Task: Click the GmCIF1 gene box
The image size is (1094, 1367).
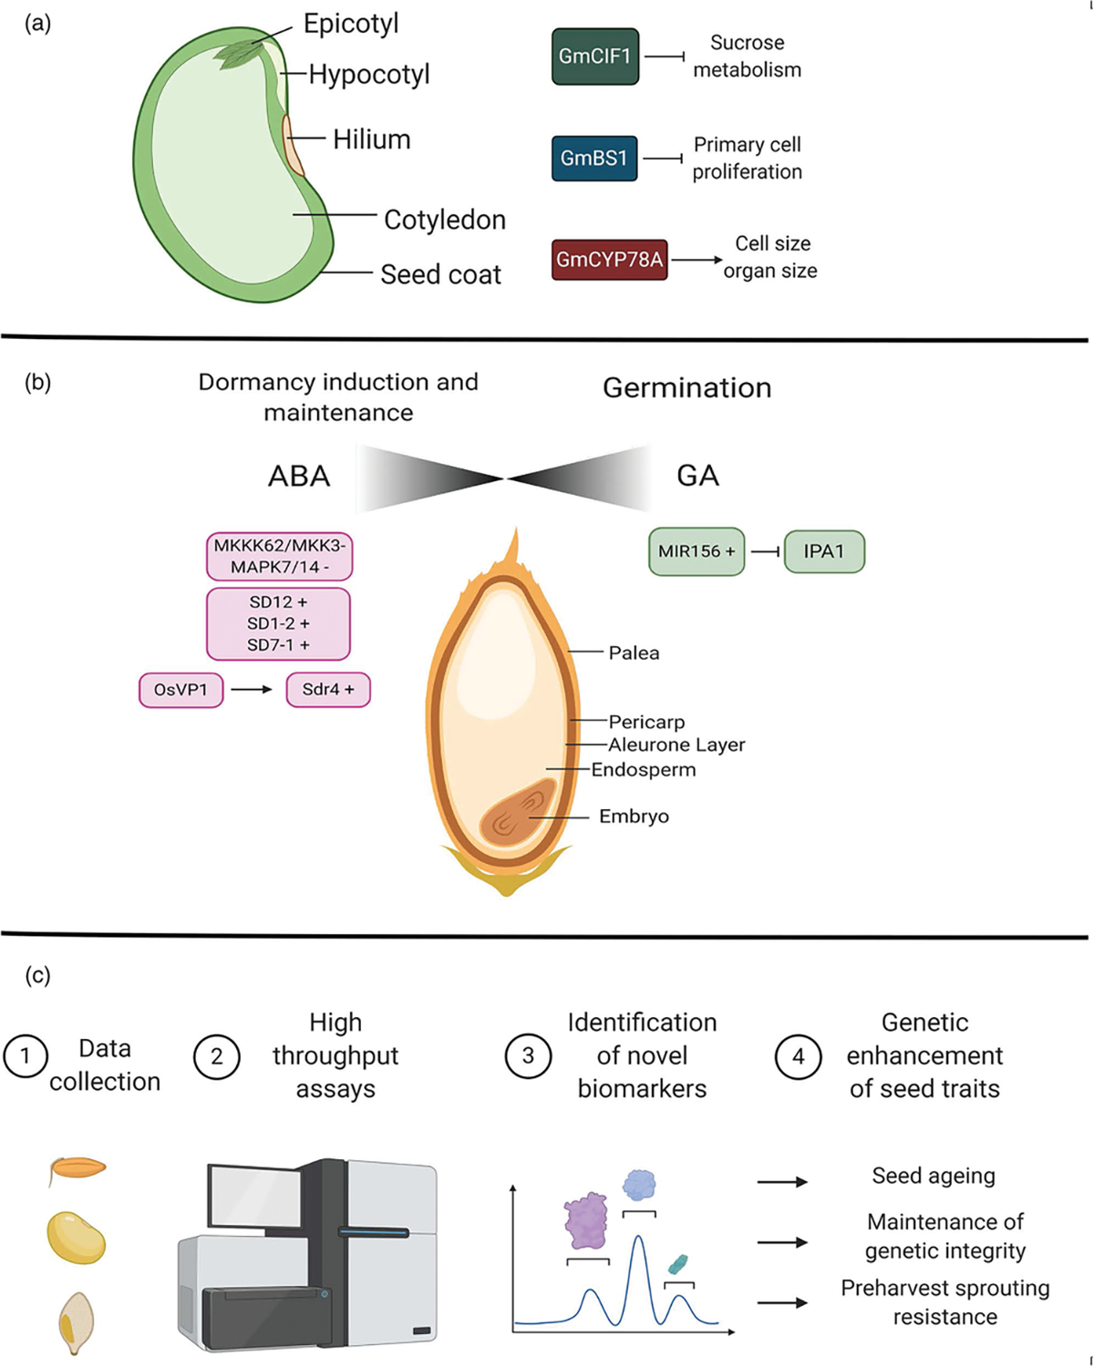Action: tap(594, 57)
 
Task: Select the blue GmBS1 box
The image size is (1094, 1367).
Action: tap(593, 159)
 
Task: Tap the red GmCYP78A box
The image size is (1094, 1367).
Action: tap(609, 260)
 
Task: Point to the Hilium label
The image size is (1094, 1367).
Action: tap(371, 139)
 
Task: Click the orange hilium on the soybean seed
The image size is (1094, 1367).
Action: tap(294, 144)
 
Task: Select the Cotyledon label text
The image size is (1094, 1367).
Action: tap(444, 220)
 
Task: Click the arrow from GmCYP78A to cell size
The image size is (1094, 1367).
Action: tap(697, 260)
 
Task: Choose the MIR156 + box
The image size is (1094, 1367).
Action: tap(697, 551)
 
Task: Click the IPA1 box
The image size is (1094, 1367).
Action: tap(823, 551)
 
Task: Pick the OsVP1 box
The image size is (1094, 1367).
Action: tap(181, 690)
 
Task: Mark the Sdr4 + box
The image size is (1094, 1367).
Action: tap(328, 690)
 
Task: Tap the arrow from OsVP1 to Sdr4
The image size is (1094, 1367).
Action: tap(253, 690)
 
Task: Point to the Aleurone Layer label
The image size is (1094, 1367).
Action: tap(676, 745)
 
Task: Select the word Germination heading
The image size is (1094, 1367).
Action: tap(686, 387)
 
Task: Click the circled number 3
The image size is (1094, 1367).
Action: tap(528, 1056)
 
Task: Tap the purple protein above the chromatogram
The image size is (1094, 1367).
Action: tap(586, 1220)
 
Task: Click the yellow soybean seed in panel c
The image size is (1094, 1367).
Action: tap(77, 1238)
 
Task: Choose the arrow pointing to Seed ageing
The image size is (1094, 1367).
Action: tap(782, 1182)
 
